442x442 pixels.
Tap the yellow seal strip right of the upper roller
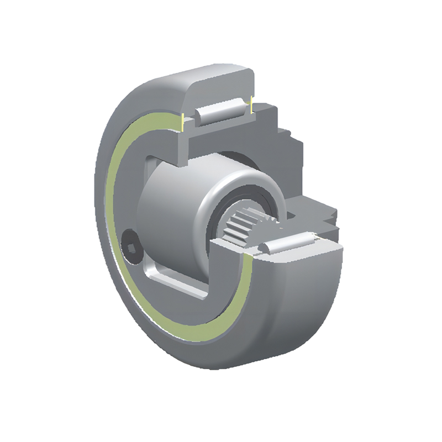pos(251,105)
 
